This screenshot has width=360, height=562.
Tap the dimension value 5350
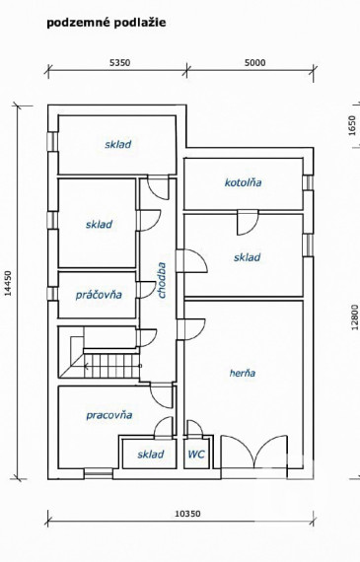click(x=118, y=62)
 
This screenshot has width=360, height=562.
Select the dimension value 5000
click(x=254, y=62)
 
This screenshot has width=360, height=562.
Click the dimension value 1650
click(x=352, y=127)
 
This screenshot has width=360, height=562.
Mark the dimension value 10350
click(x=187, y=514)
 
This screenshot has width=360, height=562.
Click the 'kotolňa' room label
click(x=244, y=182)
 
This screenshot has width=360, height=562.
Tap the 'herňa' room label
click(x=242, y=373)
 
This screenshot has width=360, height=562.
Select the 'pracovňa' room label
click(x=108, y=415)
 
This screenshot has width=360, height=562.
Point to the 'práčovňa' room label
click(x=99, y=294)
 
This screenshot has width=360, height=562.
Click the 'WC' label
click(x=196, y=455)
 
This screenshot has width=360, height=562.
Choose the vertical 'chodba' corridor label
click(x=161, y=279)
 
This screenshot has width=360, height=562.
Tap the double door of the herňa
click(x=255, y=454)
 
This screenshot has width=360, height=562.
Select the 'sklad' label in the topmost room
click(x=118, y=144)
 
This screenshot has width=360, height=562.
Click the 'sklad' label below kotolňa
click(x=247, y=257)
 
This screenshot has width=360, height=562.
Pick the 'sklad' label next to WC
click(x=150, y=455)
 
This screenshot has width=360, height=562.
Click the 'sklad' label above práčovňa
click(x=99, y=224)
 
